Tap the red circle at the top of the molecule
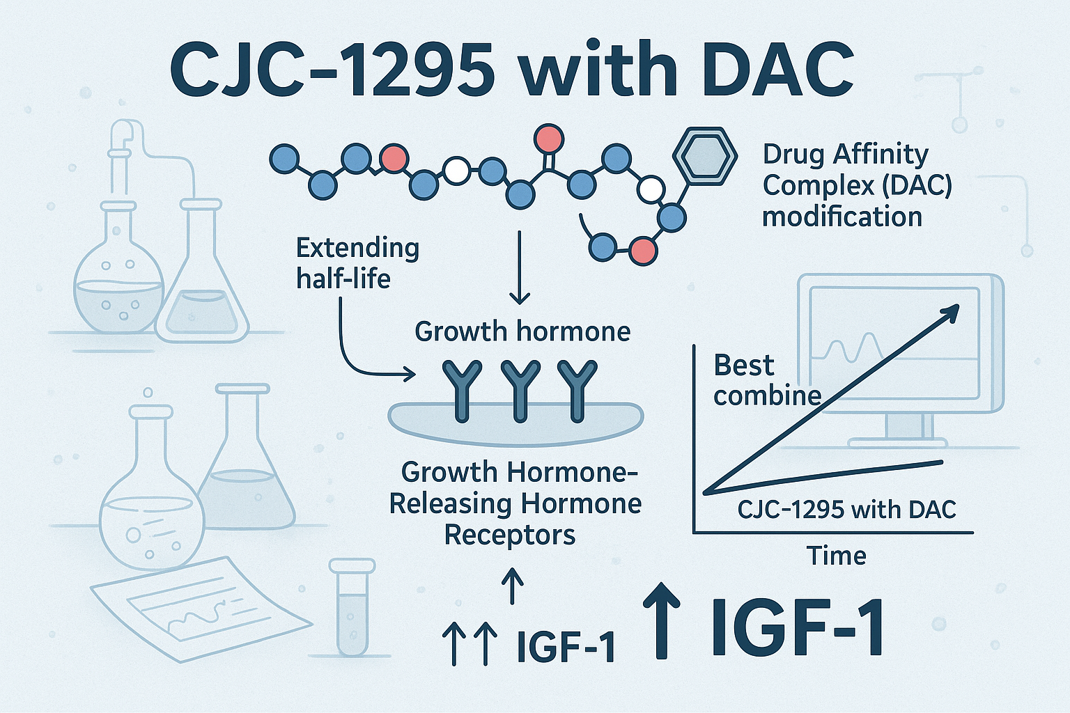click(x=548, y=139)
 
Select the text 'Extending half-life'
click(x=357, y=263)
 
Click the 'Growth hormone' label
click(x=522, y=331)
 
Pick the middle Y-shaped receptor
click(x=520, y=390)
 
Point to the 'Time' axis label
click(x=836, y=556)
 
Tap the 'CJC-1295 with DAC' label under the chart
click(x=846, y=509)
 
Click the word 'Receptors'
click(x=510, y=535)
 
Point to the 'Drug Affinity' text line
click(x=845, y=154)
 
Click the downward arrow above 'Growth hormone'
click(x=520, y=268)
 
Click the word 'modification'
click(x=842, y=217)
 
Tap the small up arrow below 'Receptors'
click(x=512, y=586)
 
